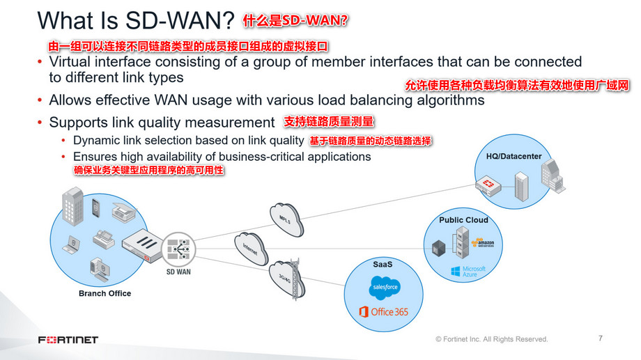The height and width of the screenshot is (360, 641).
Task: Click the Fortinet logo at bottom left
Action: [68, 340]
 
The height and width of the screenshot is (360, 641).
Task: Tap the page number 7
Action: [601, 338]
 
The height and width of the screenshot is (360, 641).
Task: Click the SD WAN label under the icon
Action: [178, 272]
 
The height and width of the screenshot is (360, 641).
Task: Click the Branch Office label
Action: [105, 293]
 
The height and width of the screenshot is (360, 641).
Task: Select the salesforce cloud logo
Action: [385, 286]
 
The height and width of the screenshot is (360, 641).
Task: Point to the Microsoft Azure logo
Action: [468, 271]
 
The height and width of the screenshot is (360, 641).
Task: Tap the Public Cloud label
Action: [463, 220]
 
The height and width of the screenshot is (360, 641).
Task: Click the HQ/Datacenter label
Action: [513, 156]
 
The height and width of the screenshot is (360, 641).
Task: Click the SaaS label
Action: [383, 265]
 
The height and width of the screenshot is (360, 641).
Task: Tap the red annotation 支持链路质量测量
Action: [330, 122]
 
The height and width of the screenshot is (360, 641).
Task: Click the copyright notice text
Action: [491, 339]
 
